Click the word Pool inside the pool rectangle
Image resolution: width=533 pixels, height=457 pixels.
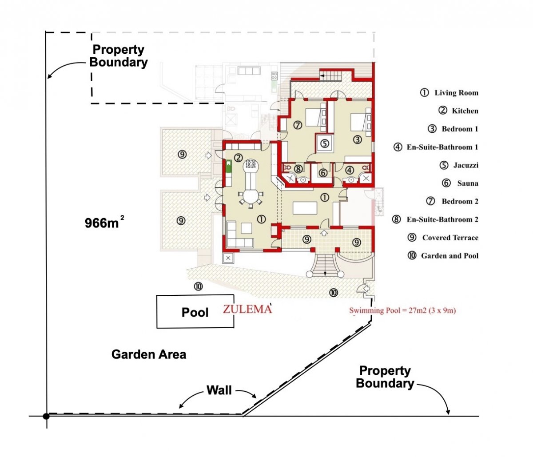click(195, 312)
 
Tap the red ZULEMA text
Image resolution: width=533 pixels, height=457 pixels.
click(247, 309)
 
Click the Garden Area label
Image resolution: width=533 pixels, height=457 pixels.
click(149, 354)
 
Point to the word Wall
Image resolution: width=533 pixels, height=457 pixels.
click(219, 390)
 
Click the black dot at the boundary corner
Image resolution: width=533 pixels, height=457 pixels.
click(46, 416)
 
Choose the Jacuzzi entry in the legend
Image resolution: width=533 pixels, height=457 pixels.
click(459, 165)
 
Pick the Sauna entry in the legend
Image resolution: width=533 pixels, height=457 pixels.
click(460, 183)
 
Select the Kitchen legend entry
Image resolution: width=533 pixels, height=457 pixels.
click(458, 111)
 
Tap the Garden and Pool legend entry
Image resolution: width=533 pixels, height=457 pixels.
click(443, 255)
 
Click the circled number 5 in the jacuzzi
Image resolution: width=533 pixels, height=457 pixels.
click(325, 143)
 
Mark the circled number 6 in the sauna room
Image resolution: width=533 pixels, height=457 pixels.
click(323, 173)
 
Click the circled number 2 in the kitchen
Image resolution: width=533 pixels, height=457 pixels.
click(238, 158)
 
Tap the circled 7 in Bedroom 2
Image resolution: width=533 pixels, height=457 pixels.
click(298, 125)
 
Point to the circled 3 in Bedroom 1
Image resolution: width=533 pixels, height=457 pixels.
click(358, 139)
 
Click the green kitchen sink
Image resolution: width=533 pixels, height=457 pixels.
click(229, 167)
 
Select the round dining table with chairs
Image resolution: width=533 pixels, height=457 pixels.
click(251, 198)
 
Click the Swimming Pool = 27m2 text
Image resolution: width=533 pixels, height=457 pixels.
click(402, 310)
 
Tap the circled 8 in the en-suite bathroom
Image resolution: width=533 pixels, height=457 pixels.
click(298, 169)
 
